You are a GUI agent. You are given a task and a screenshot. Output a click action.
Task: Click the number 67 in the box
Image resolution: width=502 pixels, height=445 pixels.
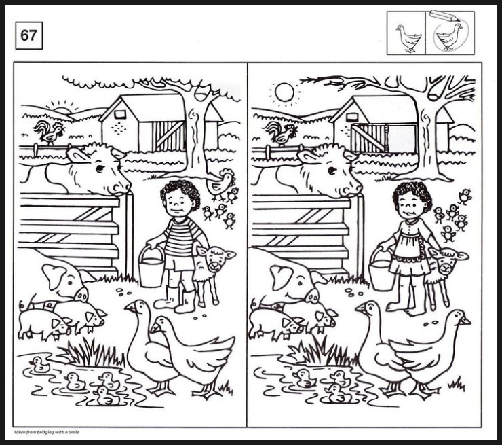pos(28,35)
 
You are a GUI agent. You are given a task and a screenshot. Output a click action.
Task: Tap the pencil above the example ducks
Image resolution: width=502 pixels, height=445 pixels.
pos(445,16)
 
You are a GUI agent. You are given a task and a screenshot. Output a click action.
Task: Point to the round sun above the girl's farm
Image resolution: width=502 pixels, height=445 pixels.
pos(285,92)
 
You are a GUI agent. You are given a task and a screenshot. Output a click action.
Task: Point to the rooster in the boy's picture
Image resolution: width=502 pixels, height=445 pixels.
pos(49,132)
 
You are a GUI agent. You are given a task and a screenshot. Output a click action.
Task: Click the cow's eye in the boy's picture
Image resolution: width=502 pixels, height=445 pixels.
pos(100,168)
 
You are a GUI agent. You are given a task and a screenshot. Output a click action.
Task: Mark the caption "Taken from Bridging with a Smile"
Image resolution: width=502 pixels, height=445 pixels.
pos(46,432)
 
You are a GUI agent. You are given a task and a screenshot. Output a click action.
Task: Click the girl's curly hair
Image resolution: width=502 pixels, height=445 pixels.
pos(411,193)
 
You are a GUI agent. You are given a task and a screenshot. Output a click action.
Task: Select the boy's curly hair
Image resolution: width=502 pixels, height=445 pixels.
pos(180,193)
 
